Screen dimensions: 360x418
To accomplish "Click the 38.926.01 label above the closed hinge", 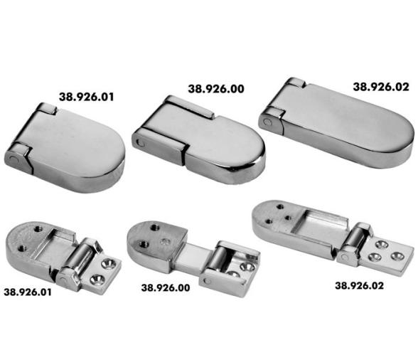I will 89,95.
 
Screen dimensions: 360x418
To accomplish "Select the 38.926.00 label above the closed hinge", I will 216,89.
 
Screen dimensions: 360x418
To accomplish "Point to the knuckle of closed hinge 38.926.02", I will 269,121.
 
